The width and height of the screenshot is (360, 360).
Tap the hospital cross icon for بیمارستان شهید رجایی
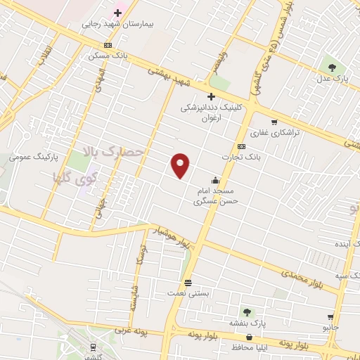pos(117,13)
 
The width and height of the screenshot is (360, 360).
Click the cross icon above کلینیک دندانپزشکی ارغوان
pos(210,96)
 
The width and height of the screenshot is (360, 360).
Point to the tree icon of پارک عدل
pos(331,67)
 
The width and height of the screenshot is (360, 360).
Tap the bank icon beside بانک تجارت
pos(241,146)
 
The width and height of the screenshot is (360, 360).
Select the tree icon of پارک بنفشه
pos(246,311)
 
